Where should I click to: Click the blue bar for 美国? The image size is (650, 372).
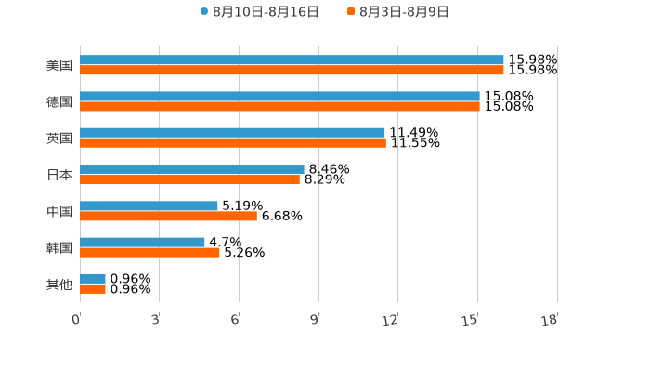(x=292, y=60)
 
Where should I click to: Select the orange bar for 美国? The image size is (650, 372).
(x=292, y=71)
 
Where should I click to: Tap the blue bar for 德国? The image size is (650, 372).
(x=279, y=97)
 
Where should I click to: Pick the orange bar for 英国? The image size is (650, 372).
(x=233, y=143)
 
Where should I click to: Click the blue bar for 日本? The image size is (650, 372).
(x=192, y=170)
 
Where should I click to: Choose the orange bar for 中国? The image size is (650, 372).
(x=168, y=216)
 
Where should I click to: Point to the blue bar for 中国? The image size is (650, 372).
(x=149, y=206)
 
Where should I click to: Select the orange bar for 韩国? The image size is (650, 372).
(x=149, y=252)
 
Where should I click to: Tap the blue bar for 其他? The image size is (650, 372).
(x=93, y=279)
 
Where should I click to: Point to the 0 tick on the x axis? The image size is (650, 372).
(x=77, y=320)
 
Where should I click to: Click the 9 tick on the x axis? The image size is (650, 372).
(x=315, y=320)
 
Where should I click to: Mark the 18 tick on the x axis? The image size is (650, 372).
(x=550, y=320)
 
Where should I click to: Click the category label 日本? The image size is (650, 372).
(x=59, y=175)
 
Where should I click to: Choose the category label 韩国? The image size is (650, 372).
(x=59, y=247)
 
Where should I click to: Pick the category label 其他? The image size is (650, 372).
(x=59, y=284)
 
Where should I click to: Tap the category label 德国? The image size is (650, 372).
(x=59, y=101)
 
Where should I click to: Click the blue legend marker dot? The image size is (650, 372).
(x=204, y=12)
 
